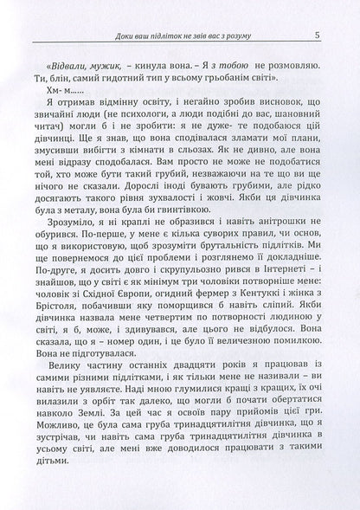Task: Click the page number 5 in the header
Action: click(x=318, y=36)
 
